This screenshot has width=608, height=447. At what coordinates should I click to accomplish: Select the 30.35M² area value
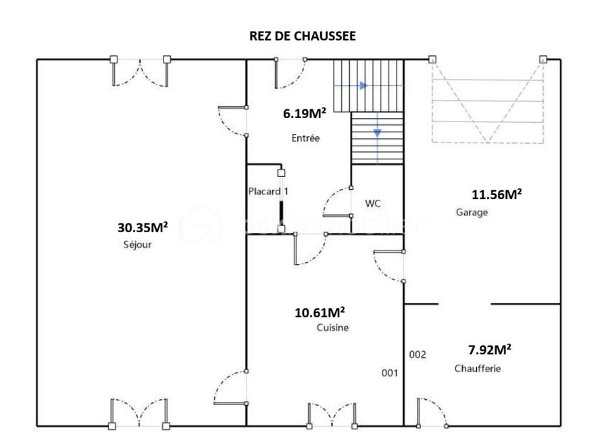[142, 228]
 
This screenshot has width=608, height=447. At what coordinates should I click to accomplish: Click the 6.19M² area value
[304, 113]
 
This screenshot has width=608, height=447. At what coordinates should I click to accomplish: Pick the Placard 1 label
[268, 191]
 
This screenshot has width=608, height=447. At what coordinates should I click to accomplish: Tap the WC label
[374, 203]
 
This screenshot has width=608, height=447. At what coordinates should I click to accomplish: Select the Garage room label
[472, 212]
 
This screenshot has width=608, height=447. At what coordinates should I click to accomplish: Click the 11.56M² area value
[497, 194]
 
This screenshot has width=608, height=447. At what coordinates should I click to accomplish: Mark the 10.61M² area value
[320, 312]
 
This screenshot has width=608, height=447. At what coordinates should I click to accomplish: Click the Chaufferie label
[477, 369]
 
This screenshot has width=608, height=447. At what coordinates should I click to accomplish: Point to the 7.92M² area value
[489, 350]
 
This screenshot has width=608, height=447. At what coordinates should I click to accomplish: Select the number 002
[417, 354]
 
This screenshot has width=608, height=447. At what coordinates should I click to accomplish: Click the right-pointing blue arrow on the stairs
[363, 86]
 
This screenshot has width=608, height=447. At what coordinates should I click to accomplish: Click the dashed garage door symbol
[487, 101]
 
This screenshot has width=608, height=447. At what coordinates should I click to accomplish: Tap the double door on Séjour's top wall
[140, 71]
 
